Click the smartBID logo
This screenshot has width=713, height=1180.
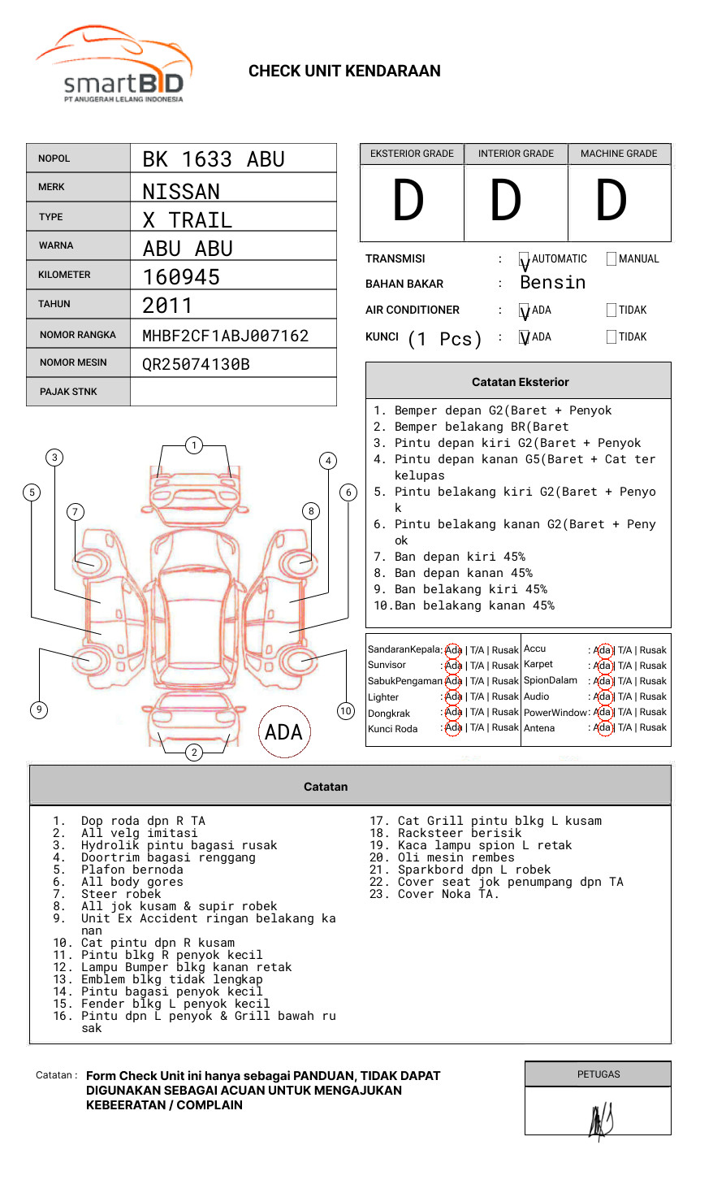(x=114, y=65)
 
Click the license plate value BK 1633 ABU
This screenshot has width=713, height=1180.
(x=214, y=159)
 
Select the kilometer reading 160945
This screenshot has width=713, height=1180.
(x=181, y=277)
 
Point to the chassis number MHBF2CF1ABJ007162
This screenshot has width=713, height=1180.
(x=226, y=336)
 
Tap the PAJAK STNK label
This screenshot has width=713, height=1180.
(x=68, y=392)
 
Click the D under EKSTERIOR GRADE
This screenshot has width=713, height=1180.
(x=408, y=202)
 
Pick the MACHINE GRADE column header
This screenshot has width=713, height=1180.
(x=619, y=154)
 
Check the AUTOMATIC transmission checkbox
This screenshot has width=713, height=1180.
(x=525, y=259)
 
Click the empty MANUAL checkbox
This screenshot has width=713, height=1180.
(x=611, y=259)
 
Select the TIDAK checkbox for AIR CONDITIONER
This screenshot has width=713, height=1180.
(x=611, y=310)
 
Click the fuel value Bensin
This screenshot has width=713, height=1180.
(x=553, y=283)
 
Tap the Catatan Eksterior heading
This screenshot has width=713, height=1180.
(x=520, y=382)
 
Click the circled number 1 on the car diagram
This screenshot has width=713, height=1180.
(x=193, y=445)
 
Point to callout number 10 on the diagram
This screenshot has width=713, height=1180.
(x=346, y=711)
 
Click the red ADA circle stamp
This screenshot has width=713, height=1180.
(x=283, y=732)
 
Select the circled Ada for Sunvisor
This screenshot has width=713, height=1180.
(x=453, y=666)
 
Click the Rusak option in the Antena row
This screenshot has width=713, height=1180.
(x=653, y=728)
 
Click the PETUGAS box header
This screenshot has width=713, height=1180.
(x=598, y=1074)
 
